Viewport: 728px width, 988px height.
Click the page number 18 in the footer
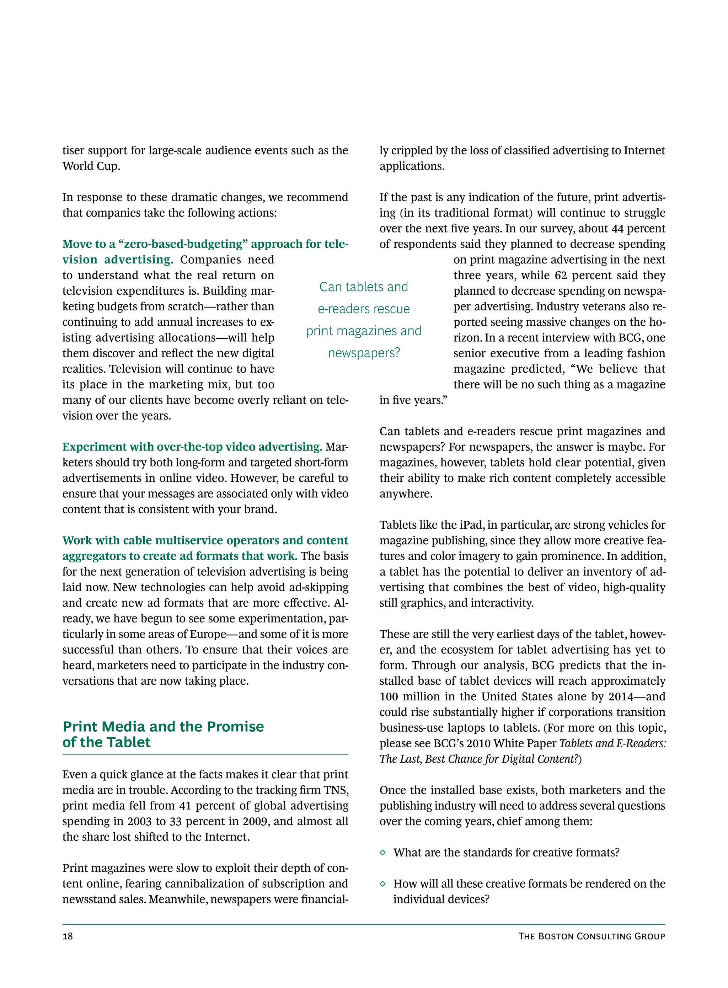click(68, 936)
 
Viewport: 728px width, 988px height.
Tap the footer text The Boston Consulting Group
click(591, 936)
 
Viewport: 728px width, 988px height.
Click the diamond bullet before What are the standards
click(382, 853)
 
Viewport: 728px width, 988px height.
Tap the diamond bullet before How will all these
click(382, 883)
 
